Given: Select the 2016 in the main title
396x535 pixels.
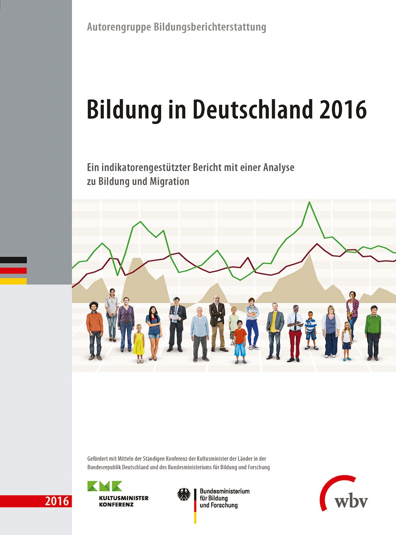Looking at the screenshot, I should (x=343, y=109).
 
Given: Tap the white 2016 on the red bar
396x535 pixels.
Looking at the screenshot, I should (x=57, y=501).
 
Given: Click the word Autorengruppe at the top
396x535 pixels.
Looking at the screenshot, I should (x=119, y=27).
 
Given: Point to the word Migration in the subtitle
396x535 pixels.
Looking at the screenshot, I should (x=169, y=182).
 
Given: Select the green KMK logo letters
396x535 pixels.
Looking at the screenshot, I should (x=105, y=486).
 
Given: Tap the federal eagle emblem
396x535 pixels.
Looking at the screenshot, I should (x=184, y=495).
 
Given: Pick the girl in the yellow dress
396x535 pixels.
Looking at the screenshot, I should (x=139, y=343).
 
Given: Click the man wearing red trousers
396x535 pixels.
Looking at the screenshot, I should (x=294, y=333).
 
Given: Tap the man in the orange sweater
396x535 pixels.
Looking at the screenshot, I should (x=95, y=330).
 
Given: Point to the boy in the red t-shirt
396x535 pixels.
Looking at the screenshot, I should (x=240, y=341).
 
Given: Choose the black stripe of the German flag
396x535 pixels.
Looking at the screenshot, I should (x=13, y=260).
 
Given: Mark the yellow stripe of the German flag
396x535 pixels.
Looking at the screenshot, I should (x=13, y=281).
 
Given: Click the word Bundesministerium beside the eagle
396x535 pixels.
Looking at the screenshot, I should (x=225, y=491).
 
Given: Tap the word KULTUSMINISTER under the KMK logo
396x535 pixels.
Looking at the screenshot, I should (x=124, y=498).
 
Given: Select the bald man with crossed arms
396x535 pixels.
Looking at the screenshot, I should (x=217, y=322).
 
